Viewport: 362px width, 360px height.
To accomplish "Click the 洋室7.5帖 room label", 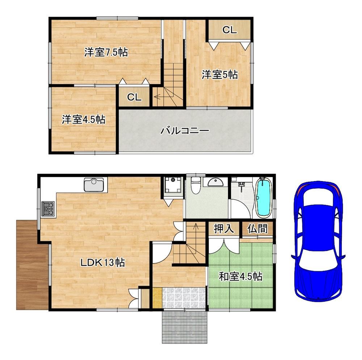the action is pos(106,52).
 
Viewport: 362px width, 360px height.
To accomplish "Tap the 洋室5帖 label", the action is pos(220,75).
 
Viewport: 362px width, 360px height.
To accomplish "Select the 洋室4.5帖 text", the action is pos(84,120).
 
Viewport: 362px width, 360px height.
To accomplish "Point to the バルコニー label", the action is pos(185,131).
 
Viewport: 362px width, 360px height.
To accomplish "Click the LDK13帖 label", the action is pos(103,263).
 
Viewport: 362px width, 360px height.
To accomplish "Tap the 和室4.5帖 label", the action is pos(241,276).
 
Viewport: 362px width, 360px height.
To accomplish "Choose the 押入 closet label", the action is pos(224,229).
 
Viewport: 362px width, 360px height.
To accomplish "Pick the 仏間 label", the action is pos(257,229).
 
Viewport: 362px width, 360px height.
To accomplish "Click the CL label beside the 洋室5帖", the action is pos(230,30).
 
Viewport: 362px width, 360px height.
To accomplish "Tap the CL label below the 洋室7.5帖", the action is pos(134,97).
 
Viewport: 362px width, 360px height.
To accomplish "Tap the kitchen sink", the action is pos(94,185).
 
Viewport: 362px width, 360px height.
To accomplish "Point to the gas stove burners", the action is pos(48,209).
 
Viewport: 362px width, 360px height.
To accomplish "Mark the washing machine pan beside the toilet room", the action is pos(173,185).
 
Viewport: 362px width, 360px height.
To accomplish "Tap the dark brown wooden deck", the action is pos(32,265).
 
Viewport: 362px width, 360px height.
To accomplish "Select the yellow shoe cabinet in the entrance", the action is pos(157,298).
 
